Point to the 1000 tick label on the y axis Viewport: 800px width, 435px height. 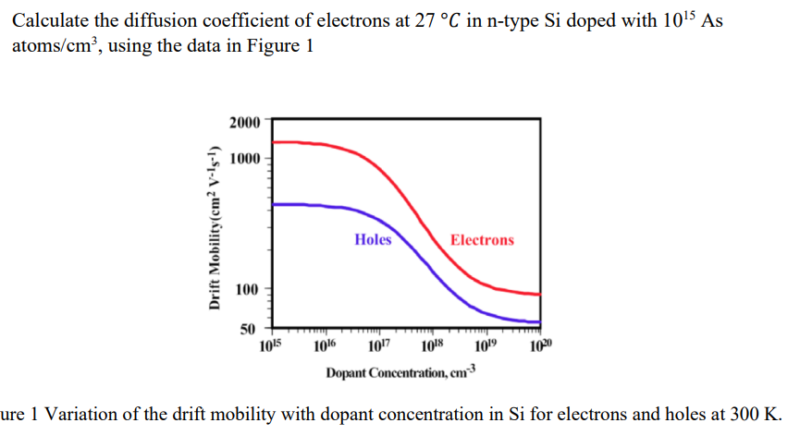(245, 159)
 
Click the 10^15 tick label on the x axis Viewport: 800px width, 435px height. (270, 347)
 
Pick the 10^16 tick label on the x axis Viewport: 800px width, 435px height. (325, 347)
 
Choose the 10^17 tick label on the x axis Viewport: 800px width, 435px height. (378, 347)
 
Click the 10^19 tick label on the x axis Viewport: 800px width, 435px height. (486, 347)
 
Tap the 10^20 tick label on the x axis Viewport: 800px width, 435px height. (540, 347)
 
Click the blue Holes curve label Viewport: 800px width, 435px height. (373, 239)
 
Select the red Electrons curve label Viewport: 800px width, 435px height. (482, 240)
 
